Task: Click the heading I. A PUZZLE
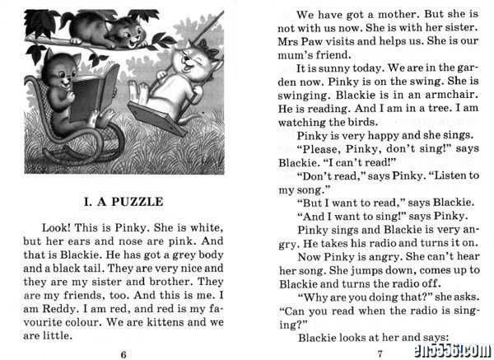[123, 201]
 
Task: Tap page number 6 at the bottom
[123, 353]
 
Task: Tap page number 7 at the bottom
[380, 353]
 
